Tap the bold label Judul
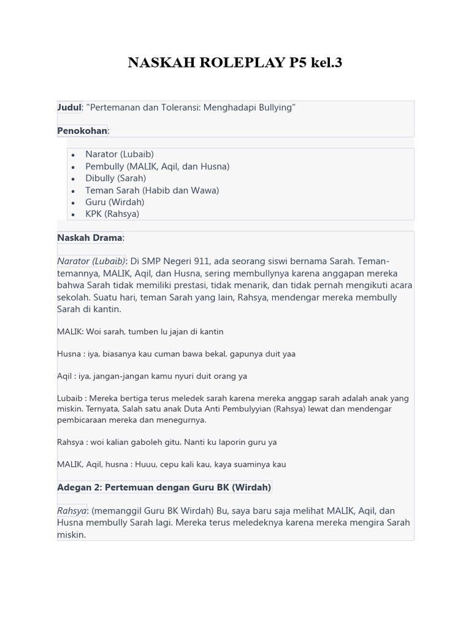(69, 107)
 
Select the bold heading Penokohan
(82, 131)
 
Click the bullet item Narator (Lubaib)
(120, 154)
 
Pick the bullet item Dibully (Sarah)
(115, 178)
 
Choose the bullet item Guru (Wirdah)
(115, 202)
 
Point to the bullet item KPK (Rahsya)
(112, 214)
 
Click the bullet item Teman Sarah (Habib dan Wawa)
(152, 190)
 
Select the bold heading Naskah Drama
(90, 238)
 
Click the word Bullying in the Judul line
(276, 107)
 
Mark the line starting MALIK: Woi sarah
(140, 332)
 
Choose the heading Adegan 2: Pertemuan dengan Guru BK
(164, 487)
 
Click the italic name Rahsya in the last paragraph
(72, 511)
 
